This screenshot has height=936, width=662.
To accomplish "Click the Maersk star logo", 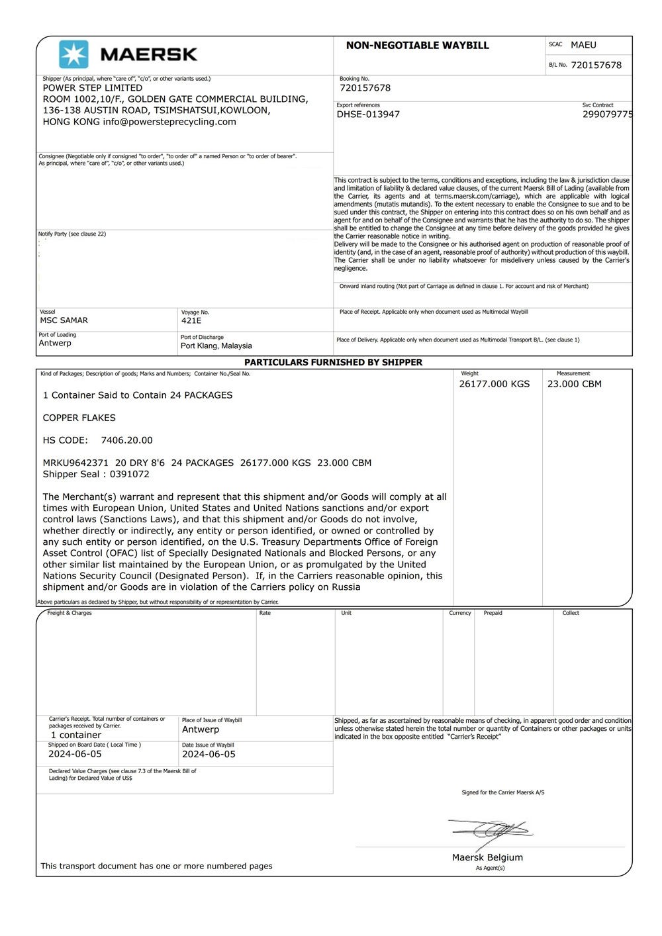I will pos(73,54).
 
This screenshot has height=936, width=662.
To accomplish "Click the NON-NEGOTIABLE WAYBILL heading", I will pos(417,46).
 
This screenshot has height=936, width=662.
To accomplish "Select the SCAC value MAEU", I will pos(583,45).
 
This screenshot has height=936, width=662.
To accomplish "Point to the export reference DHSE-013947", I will pos(368,115).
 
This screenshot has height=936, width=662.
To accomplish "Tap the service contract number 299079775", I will pos(607,115).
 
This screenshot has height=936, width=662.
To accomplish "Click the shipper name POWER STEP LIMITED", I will pos(92,88).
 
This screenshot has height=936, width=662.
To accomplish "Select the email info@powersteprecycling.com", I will pos(169,122).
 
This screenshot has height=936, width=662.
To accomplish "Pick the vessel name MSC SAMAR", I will pos(64,320).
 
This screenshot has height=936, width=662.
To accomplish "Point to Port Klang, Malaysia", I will pos(216,346).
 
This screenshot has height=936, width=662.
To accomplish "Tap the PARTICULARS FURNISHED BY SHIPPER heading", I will pos(333,362).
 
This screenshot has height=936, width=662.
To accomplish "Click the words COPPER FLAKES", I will pos(79,418).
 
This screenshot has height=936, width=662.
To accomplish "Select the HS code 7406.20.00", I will pos(126,440).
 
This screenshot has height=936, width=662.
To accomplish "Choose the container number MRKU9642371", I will pos(75,463).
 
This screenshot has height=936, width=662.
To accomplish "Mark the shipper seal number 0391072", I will pos(129,474).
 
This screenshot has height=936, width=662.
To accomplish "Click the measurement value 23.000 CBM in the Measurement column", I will pos(574,384).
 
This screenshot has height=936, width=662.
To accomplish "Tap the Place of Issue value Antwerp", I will pos(200,729).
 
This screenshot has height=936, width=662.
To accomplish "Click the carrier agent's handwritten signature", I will pos(493,829).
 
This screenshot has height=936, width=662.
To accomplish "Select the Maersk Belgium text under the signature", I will pos(487,857).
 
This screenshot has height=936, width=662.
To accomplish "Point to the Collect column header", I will pos(570,613).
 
